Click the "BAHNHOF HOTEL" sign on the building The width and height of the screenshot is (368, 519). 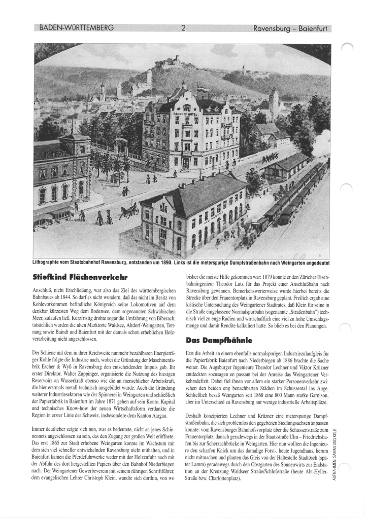(186, 115)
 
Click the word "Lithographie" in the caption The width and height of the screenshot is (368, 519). (48, 264)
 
